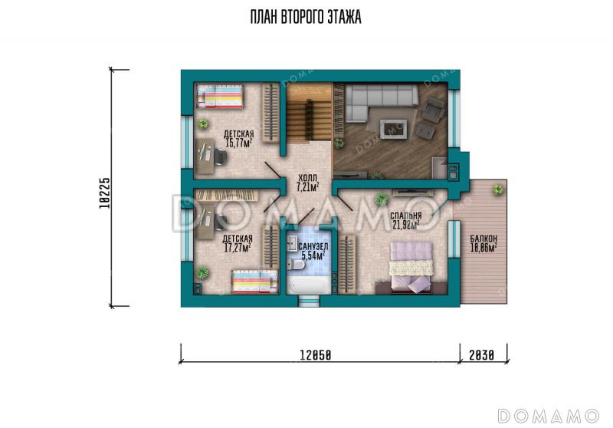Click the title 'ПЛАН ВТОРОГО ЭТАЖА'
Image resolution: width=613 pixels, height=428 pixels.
[306, 18]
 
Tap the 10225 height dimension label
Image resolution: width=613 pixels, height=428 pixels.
[104, 193]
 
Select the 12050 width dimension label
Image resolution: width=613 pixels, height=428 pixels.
[316, 355]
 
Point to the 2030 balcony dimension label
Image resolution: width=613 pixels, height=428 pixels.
[482, 355]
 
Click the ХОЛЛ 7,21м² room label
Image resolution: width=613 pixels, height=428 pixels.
[307, 183]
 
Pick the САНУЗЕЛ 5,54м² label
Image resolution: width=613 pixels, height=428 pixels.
[313, 251]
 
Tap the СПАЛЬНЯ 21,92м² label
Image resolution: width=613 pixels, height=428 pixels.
[405, 220]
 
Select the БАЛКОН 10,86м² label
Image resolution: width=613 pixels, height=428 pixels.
[484, 242]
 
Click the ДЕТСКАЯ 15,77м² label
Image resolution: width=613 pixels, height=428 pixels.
[238, 139]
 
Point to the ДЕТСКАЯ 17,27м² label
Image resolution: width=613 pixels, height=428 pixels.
[237, 243]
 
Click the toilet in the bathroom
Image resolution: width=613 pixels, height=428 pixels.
[296, 265]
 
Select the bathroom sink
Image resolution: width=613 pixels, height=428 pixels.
[292, 245]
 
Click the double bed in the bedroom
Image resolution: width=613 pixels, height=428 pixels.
[411, 267]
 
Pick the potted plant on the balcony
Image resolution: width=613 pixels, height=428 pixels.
[497, 190]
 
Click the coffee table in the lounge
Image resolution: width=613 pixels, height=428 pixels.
[393, 129]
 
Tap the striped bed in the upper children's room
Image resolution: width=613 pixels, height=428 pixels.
[219, 96]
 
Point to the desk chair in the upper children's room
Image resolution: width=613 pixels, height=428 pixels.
[219, 157]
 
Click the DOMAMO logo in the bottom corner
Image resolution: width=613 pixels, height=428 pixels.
[549, 416]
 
